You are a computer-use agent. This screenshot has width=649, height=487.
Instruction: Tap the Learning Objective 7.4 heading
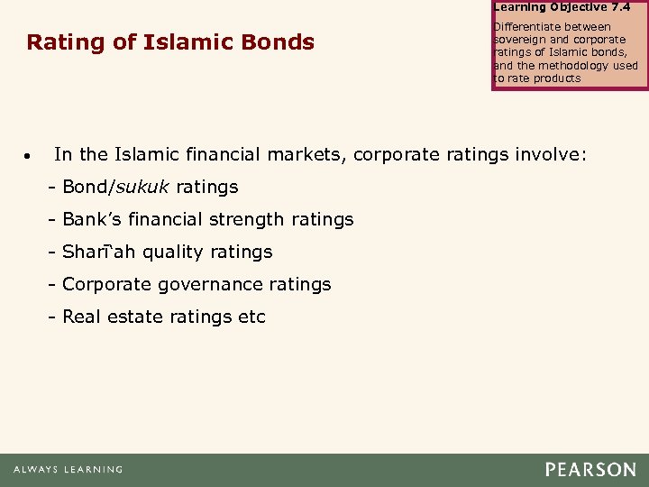(x=562, y=6)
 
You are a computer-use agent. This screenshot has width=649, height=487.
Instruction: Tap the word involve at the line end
(x=551, y=154)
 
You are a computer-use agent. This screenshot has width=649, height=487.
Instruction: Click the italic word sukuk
(x=143, y=187)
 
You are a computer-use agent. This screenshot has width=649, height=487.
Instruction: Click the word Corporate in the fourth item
(x=107, y=284)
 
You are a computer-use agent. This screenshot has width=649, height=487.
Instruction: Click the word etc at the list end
(x=251, y=317)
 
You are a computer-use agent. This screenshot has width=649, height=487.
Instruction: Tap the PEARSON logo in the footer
(x=590, y=470)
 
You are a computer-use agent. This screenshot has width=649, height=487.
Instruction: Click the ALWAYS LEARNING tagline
(x=68, y=470)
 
